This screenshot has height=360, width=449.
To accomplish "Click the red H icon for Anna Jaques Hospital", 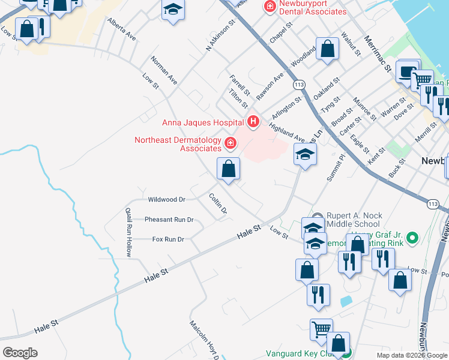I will [253, 122].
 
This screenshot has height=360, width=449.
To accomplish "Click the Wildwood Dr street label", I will [166, 199].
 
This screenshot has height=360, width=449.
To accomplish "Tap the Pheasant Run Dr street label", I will [169, 220].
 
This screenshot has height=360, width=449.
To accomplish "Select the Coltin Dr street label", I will [218, 203].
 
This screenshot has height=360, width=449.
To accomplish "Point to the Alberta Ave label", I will [122, 29].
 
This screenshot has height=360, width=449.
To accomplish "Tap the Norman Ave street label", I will [164, 70].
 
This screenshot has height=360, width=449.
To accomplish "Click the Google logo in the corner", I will [20, 353].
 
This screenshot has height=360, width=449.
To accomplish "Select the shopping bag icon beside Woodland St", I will [328, 50].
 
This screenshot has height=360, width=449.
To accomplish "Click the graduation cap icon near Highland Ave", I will [305, 155].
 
